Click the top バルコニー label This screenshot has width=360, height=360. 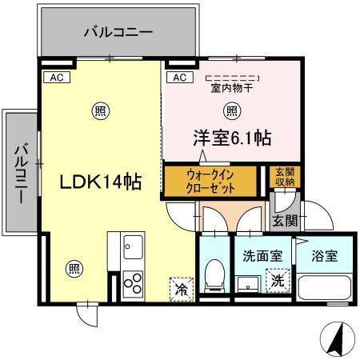tap(118, 33)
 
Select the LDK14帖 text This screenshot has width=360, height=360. tap(102, 182)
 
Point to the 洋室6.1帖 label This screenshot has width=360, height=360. tap(230, 138)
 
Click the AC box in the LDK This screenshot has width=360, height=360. tap(56, 78)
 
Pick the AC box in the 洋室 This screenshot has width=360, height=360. tap(179, 78)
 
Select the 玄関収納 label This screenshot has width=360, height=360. tap(284, 178)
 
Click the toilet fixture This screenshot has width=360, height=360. tap(214, 276)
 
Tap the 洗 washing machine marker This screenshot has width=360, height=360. tap(276, 281)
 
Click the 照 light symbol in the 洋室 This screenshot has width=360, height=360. tap(231, 110)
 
